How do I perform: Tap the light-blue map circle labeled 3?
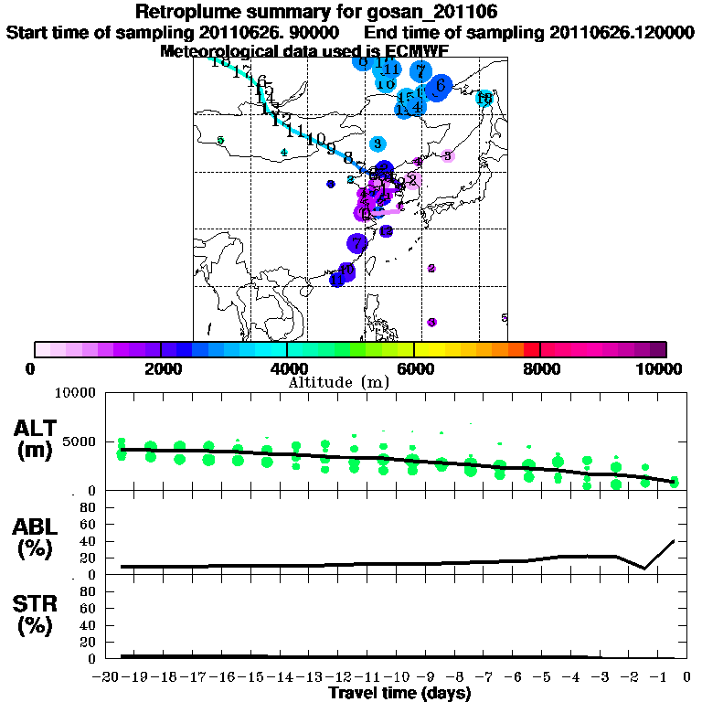point(378,144)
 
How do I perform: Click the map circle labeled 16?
point(484,99)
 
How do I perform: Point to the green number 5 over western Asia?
point(220,140)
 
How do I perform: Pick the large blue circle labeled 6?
point(441,86)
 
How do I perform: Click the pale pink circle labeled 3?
point(447,155)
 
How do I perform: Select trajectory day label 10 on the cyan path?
point(316,139)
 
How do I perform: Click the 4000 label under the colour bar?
point(287,368)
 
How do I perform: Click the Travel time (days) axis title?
point(399,694)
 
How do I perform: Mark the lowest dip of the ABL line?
point(645,569)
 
